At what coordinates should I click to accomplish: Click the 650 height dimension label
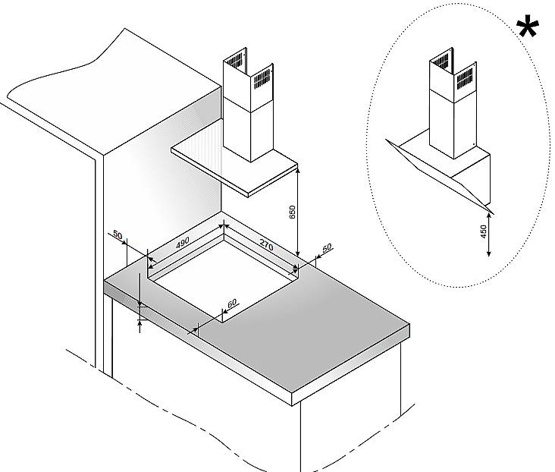[293, 212]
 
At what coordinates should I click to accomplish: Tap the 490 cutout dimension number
[183, 242]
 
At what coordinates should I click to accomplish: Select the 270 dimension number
[267, 245]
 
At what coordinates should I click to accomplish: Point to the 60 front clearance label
[232, 304]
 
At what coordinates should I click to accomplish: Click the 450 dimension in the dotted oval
[484, 231]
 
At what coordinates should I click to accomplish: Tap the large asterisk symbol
[528, 26]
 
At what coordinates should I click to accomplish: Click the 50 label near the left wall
[118, 235]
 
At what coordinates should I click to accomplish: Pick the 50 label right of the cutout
[327, 247]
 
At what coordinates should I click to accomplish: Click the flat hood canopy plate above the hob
[234, 166]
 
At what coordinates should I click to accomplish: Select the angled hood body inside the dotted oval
[443, 170]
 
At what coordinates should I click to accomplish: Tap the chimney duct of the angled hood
[453, 106]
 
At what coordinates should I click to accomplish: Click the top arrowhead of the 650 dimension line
[298, 170]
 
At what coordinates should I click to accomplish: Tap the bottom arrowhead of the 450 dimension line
[489, 253]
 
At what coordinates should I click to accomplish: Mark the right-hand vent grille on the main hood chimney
[262, 79]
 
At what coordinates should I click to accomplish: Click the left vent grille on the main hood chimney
[235, 61]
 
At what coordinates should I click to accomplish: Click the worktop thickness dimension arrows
[140, 313]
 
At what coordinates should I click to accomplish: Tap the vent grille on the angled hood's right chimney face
[464, 78]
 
